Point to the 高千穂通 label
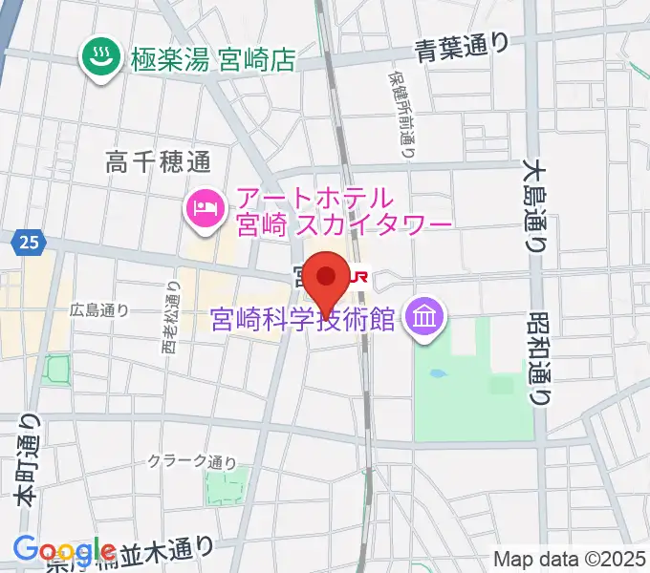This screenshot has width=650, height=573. point(158,161)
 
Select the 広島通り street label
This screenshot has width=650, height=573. point(99,309)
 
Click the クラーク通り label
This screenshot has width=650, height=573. point(191,461)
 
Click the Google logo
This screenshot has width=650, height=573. point(64,549)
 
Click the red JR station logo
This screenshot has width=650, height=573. point(357,277)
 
